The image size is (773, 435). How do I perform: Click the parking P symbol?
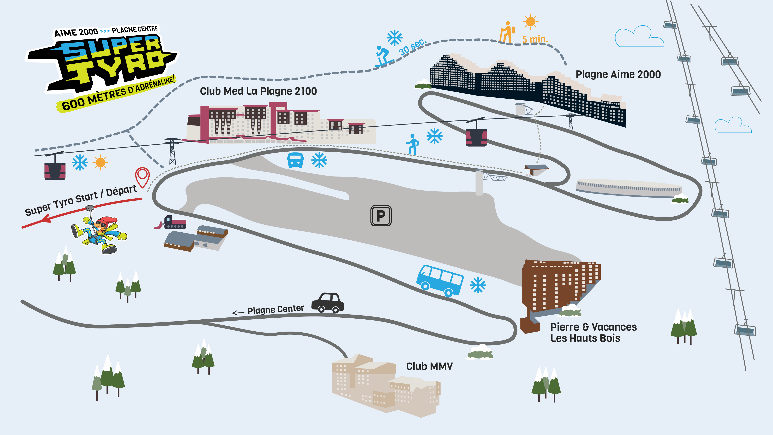tap(381, 216)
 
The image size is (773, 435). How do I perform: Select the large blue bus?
tap(440, 280)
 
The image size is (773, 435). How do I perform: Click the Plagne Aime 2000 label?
tap(618, 74)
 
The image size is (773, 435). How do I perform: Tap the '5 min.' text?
tap(535, 39)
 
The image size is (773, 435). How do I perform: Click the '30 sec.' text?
tap(413, 47)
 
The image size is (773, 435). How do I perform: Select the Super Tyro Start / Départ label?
tap(80, 200)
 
